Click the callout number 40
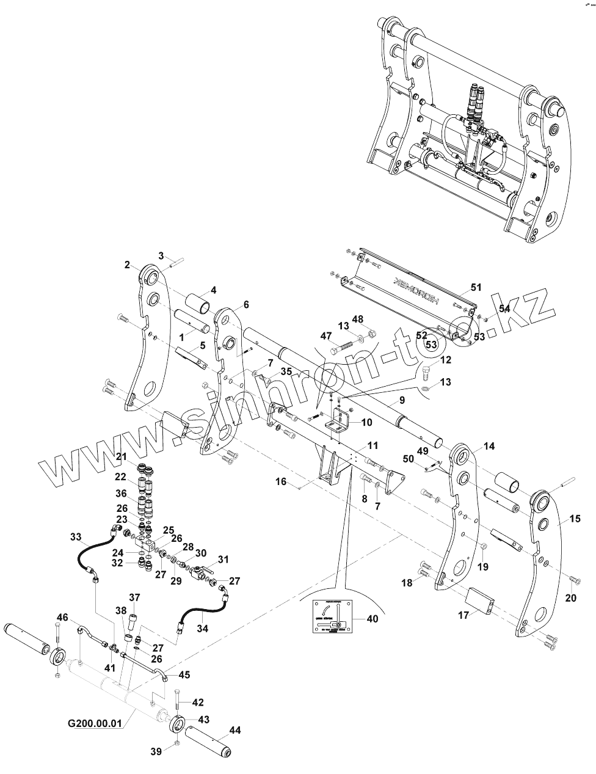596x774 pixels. pos(371,619)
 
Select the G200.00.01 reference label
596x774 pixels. pos(95,723)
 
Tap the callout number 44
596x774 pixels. pos(234,731)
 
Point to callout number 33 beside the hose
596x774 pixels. pos(75,538)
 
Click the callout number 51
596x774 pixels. pos(476,287)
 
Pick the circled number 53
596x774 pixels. pos(431,345)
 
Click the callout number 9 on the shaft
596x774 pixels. pos(402,401)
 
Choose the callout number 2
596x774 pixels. pos(127,265)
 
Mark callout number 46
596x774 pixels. pos(62,616)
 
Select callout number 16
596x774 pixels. pos(281,482)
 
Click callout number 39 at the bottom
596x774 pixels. pos(156,752)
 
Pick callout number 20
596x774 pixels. pos(570,597)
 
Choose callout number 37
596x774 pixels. pos(134,597)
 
